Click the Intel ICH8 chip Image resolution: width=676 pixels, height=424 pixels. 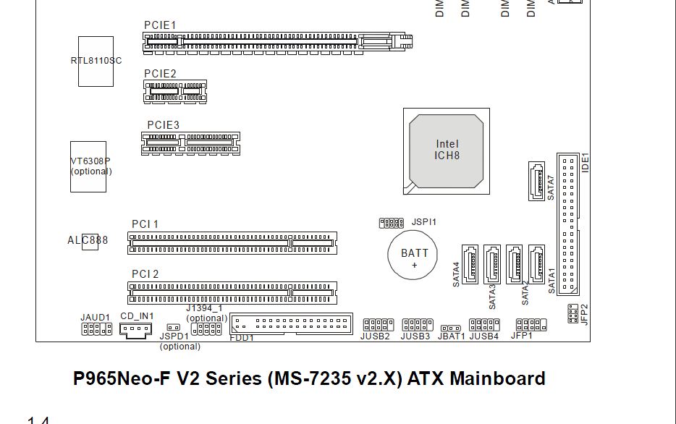[447, 150]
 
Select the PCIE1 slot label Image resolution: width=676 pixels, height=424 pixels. [160, 25]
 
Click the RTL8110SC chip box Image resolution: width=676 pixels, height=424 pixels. [96, 62]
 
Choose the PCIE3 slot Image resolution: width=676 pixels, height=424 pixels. [190, 143]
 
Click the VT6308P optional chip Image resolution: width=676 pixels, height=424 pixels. [88, 166]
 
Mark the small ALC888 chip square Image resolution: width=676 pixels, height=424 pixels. [90, 242]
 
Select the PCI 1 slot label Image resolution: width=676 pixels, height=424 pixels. [145, 224]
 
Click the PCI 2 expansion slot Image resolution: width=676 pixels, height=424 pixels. [232, 292]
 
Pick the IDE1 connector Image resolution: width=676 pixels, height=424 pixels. [568, 224]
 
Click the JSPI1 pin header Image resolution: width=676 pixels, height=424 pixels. [391, 223]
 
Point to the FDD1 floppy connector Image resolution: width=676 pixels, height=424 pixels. [294, 323]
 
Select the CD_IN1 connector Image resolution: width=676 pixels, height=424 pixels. [135, 331]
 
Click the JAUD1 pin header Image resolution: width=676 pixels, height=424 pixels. [96, 329]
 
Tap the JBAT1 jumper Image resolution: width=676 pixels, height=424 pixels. [451, 329]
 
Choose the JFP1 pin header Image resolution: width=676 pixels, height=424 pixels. [531, 325]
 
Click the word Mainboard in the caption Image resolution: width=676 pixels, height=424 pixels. [498, 378]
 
